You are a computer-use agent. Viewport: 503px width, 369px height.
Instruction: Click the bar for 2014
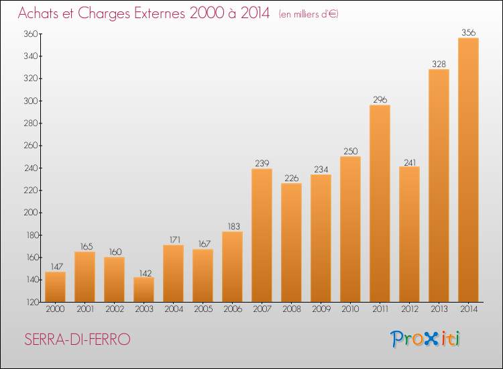click(468, 170)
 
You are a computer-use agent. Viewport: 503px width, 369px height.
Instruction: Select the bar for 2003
click(144, 289)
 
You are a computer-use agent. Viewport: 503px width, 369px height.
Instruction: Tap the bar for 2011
click(380, 203)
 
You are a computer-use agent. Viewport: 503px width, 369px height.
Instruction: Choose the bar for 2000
click(55, 286)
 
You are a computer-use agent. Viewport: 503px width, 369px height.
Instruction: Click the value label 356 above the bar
click(468, 32)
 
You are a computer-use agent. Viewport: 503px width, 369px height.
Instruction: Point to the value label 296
click(380, 99)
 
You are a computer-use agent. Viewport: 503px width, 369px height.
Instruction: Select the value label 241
click(409, 161)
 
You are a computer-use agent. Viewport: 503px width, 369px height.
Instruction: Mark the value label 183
click(232, 226)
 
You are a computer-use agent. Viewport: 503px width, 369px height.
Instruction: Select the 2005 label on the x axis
click(203, 310)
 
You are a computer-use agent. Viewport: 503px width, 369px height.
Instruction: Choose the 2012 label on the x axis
click(409, 310)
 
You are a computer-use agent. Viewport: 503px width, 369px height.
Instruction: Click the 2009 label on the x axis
click(321, 310)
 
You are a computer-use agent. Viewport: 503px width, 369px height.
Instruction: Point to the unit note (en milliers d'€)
click(309, 14)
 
